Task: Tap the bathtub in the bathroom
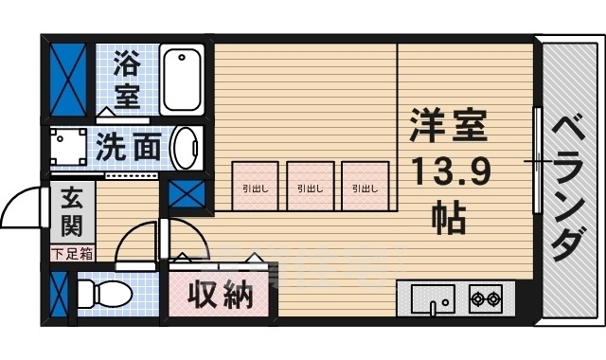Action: [x=182, y=79]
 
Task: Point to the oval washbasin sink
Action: [x=187, y=148]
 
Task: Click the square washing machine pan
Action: [x=68, y=148]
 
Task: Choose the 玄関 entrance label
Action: [x=71, y=213]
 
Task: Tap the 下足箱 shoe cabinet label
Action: [x=72, y=253]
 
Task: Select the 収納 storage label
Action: [x=221, y=297]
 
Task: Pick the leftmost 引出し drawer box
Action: [x=255, y=187]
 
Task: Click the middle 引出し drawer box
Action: [x=310, y=187]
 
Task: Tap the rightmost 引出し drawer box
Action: [x=365, y=187]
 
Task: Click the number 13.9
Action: [x=449, y=174]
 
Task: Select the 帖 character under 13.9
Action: [x=449, y=219]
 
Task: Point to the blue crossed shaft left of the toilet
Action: [x=59, y=297]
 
